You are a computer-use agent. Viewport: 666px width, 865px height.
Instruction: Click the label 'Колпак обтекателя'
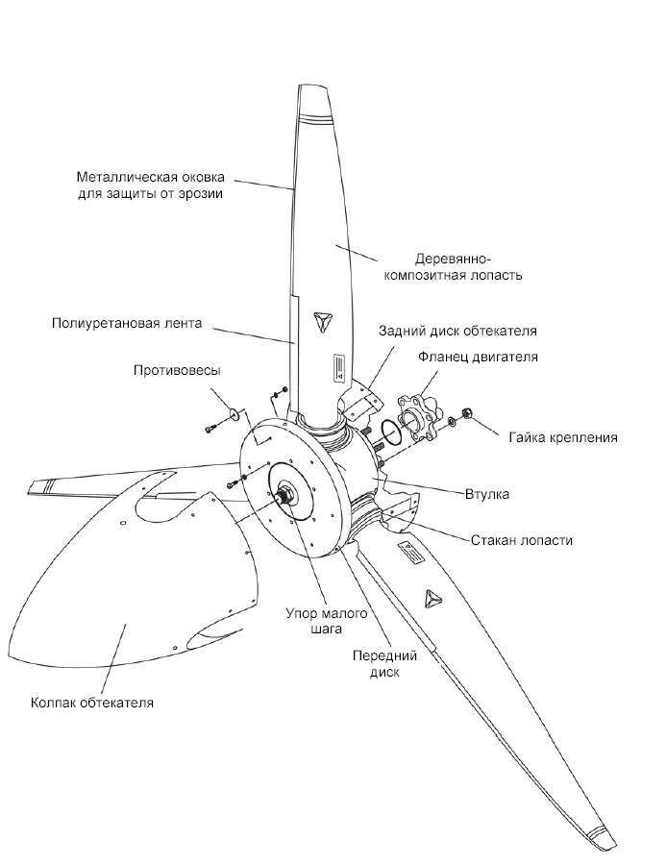(92, 703)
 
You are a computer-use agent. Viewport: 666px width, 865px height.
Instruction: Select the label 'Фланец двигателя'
(477, 357)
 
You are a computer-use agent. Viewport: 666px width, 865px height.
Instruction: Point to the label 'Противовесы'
(178, 370)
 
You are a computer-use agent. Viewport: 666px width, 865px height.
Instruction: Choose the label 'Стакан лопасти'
(522, 540)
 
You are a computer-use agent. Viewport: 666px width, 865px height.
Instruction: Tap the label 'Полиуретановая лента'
(127, 323)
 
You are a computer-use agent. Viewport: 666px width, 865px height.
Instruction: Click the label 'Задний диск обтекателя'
(456, 330)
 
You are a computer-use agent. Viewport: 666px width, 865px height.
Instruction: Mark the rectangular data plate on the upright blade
(337, 365)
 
